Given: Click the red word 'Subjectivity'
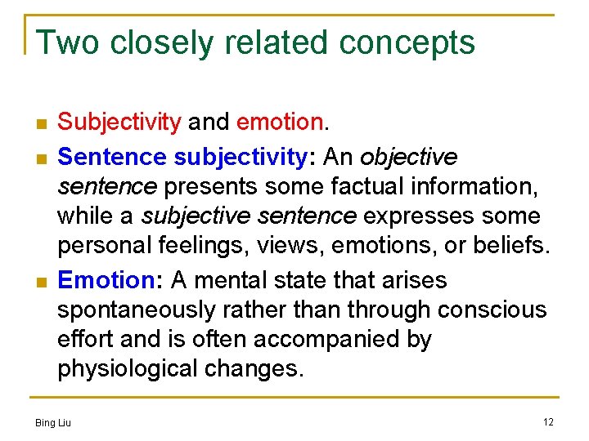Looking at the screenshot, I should click(119, 123).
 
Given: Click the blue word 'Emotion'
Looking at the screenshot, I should click(106, 281).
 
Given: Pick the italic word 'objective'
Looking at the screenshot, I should click(408, 156).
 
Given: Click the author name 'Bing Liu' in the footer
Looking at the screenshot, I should click(53, 422).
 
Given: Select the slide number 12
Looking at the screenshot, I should click(548, 421).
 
